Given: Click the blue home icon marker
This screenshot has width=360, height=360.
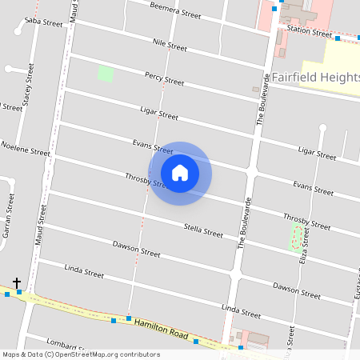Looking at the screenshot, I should (x=180, y=172).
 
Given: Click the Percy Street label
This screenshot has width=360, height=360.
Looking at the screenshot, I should (x=164, y=78).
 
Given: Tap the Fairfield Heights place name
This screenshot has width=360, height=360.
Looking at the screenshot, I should (x=315, y=78).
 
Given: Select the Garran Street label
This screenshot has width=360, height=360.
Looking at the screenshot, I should (x=9, y=220).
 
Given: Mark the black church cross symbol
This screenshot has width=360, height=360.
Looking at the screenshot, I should (x=16, y=283).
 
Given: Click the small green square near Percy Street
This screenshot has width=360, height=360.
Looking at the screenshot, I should (x=105, y=74).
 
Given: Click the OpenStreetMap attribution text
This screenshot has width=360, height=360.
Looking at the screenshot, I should (x=81, y=354).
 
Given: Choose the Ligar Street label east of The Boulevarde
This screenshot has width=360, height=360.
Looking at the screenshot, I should (x=317, y=152).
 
